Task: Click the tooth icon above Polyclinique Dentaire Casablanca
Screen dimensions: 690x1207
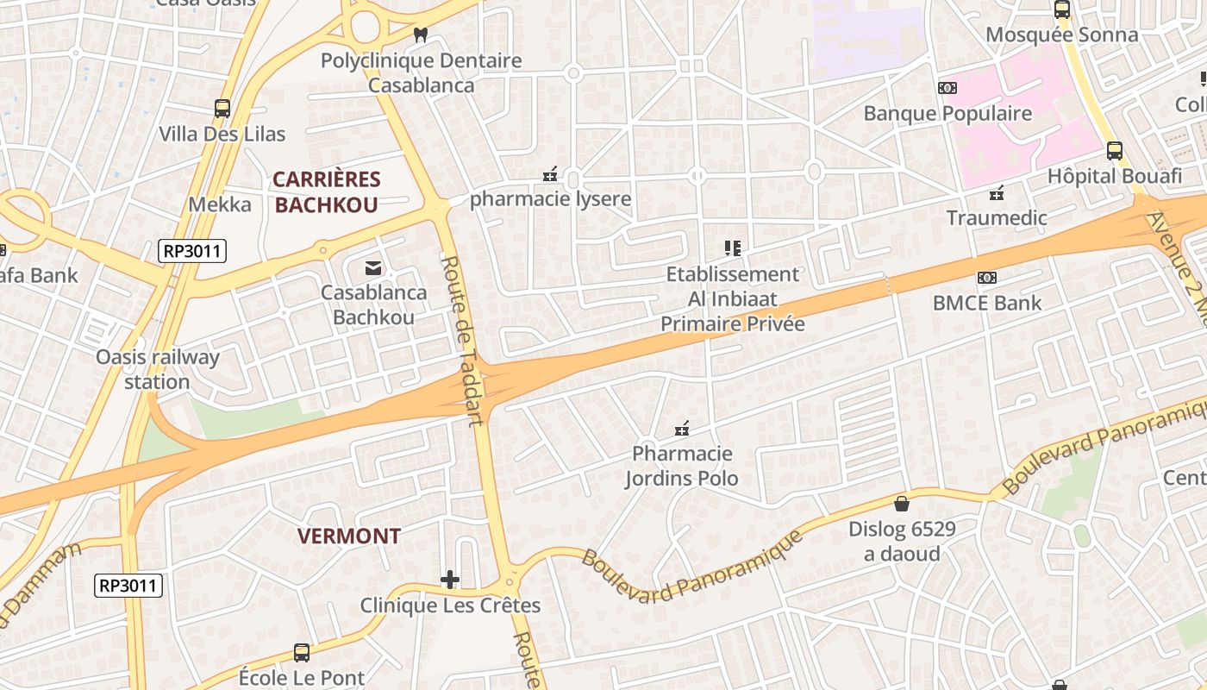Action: [x=421, y=35]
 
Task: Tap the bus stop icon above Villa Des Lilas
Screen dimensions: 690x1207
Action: [x=222, y=109]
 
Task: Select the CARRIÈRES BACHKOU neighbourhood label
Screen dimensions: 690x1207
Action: [x=327, y=192]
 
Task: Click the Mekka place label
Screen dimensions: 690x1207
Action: [x=220, y=204]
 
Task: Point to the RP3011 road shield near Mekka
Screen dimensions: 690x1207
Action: [x=192, y=252]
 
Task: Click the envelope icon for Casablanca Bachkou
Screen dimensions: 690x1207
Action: [x=373, y=268]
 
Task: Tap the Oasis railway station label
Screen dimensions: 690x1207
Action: [x=157, y=369]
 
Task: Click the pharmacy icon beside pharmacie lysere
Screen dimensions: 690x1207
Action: [x=550, y=175]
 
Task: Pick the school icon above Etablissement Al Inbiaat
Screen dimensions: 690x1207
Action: [x=733, y=249]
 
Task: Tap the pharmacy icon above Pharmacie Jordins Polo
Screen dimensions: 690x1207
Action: [x=682, y=429]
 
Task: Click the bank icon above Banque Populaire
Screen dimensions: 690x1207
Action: [x=947, y=88]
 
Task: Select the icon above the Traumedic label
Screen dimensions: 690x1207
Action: [x=997, y=192]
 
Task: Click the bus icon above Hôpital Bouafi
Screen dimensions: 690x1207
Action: [x=1114, y=151]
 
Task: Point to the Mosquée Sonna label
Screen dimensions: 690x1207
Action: [x=1061, y=35]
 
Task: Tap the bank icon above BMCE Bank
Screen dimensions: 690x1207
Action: [x=987, y=278]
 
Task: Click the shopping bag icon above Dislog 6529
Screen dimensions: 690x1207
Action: [x=902, y=503]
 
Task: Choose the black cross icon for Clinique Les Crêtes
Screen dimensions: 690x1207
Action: [x=450, y=580]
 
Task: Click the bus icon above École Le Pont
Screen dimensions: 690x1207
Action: [x=302, y=653]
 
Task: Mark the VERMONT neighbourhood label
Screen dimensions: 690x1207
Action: [x=349, y=536]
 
